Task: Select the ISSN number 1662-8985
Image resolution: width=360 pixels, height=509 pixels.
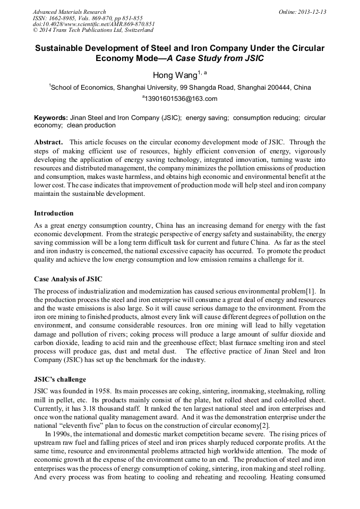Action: [x=68, y=18]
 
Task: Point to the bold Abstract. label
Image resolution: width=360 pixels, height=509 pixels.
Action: [x=49, y=142]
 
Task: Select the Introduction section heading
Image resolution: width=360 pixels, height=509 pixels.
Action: [x=54, y=213]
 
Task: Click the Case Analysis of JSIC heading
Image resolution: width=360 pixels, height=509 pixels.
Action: [x=68, y=279]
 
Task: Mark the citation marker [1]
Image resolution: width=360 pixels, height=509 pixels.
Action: [x=310, y=291]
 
